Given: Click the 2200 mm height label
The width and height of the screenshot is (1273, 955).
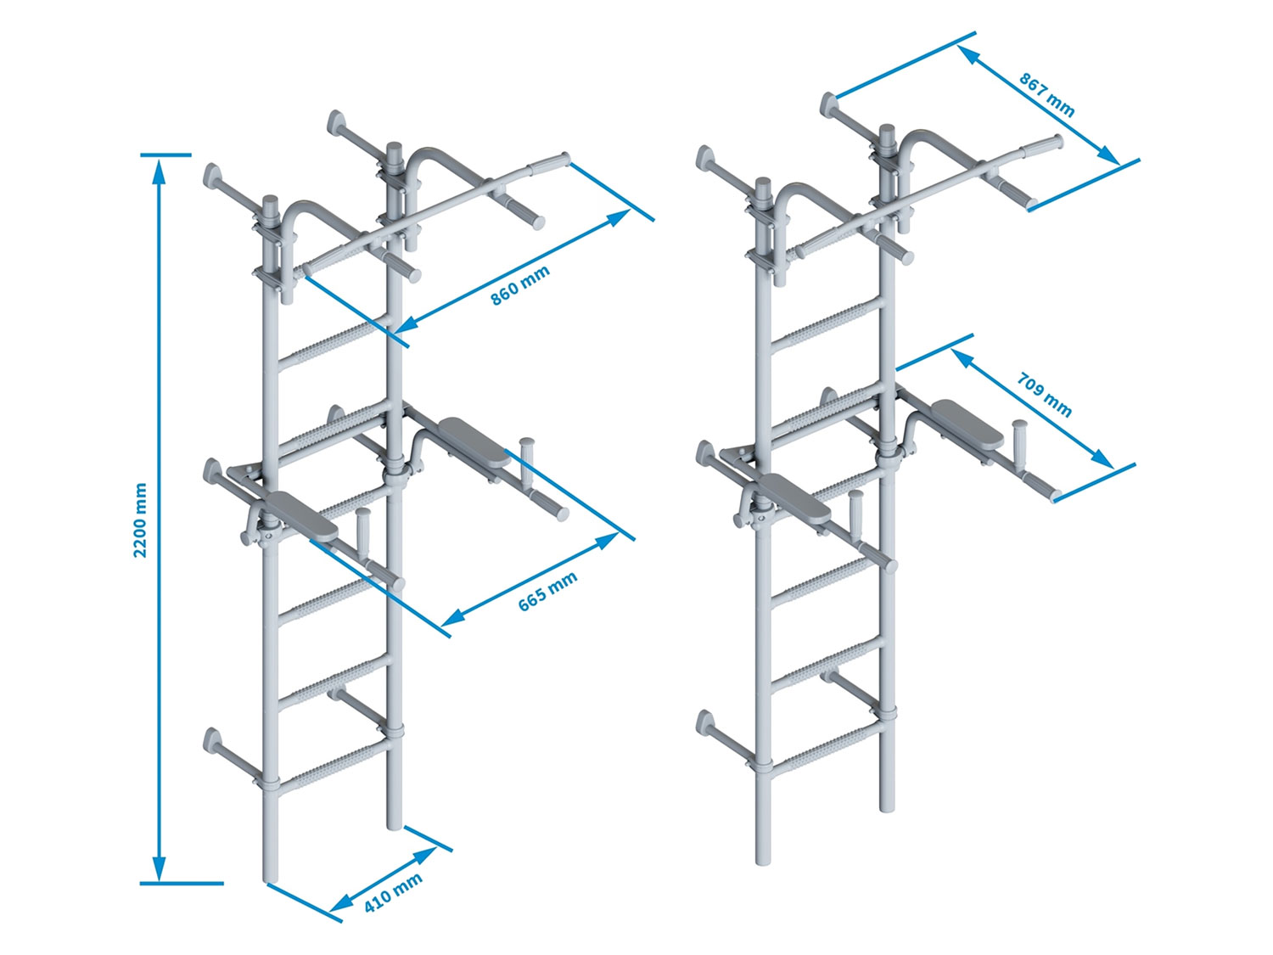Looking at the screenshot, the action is (140, 520).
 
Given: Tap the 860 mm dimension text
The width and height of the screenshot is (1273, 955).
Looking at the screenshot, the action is (520, 285).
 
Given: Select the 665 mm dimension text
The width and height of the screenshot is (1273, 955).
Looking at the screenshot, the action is (547, 591).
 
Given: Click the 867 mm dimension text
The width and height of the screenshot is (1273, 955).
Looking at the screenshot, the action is (1046, 95).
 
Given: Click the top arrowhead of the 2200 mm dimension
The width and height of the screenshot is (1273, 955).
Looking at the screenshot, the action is (158, 171).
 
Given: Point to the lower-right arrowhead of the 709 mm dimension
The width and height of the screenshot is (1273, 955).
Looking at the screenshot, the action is (1102, 458).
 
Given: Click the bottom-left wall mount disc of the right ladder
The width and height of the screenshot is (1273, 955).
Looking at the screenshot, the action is (704, 722).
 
